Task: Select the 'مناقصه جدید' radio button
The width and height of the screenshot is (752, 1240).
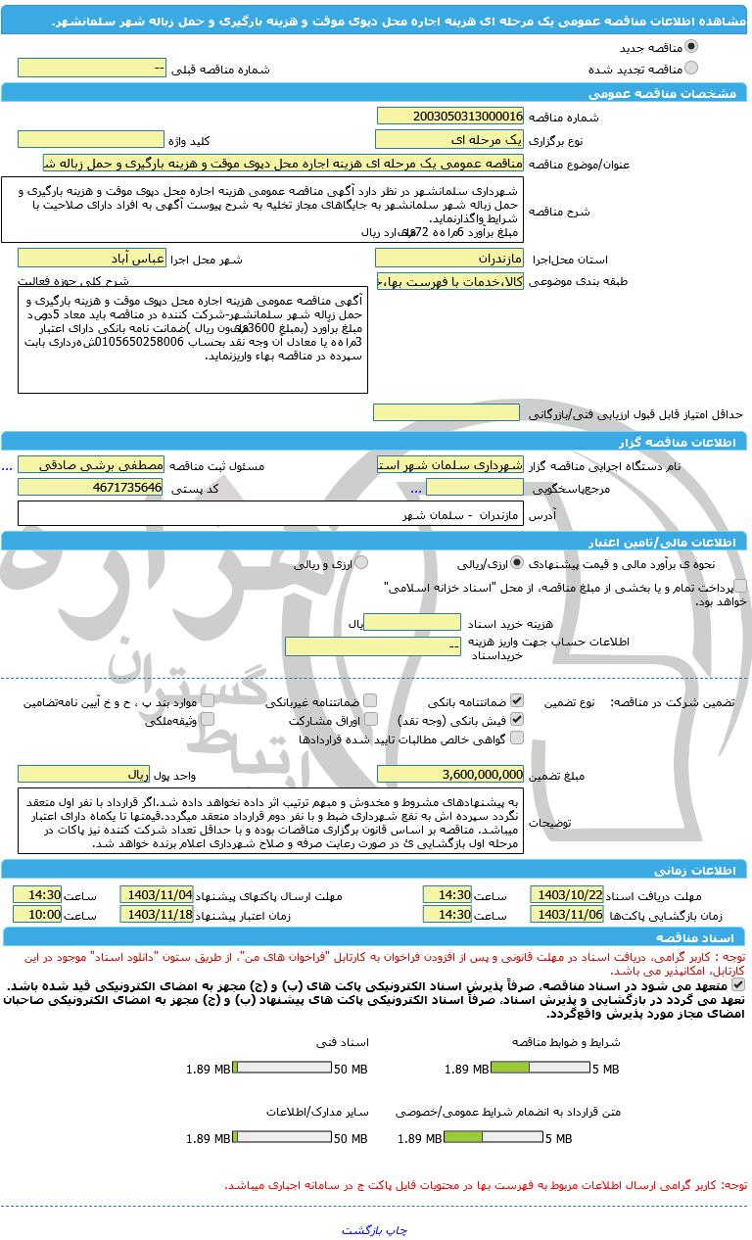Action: (692, 46)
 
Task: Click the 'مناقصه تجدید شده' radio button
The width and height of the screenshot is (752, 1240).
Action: (692, 69)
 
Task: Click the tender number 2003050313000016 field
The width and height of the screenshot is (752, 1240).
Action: (449, 116)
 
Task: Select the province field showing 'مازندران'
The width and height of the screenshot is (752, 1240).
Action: (449, 259)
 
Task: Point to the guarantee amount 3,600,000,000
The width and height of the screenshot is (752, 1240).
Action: (449, 774)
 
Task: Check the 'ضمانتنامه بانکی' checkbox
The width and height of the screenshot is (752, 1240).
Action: (517, 701)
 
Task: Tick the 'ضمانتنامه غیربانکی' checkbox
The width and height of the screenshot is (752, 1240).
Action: (369, 701)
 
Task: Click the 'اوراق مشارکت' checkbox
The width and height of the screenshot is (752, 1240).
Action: (369, 720)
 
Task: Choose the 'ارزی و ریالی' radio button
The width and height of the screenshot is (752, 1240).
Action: (362, 563)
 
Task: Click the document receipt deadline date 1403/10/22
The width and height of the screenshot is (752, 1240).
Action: (567, 894)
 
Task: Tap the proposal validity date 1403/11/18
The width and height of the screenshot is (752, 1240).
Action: (157, 914)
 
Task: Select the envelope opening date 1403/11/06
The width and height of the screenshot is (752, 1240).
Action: (567, 914)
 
